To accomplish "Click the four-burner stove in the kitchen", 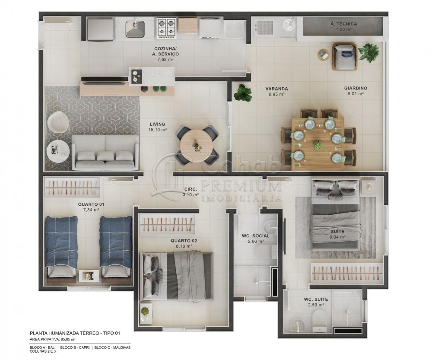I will tap(166, 28).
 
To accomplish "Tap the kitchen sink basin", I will tap(135, 29).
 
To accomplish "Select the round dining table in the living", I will tap(197, 144).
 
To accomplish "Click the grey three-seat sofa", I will tap(105, 153).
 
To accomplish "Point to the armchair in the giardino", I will tap(344, 56).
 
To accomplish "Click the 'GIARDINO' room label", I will tap(356, 88).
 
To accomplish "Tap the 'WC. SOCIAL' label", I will tap(255, 236).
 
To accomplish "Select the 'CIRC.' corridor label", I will tap(191, 189).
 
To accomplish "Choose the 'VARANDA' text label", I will tap(276, 89).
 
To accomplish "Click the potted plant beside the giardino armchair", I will tap(368, 53).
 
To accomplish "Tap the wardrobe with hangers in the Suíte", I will tap(347, 273).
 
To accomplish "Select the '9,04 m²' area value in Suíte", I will tap(337, 237).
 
